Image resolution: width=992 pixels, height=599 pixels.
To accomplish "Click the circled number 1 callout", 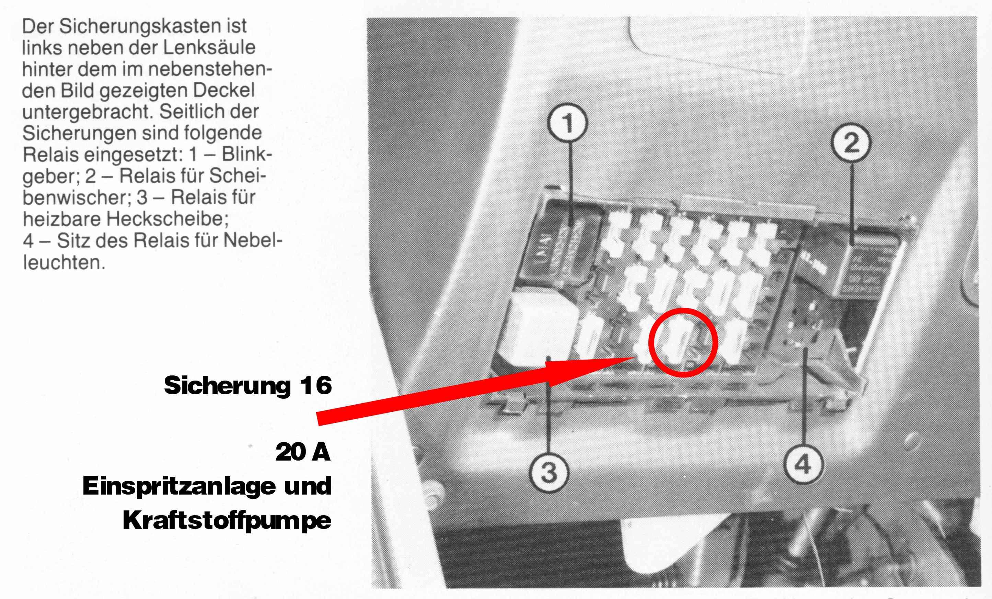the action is [x=567, y=123].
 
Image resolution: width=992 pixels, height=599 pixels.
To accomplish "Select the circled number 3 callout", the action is [x=549, y=472].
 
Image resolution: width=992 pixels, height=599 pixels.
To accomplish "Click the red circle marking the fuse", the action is [x=683, y=308].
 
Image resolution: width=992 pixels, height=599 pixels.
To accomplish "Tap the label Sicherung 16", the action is [x=247, y=385].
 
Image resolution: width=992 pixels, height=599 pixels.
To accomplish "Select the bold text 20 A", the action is [x=303, y=452].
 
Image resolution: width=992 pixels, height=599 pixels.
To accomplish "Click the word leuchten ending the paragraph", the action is [x=64, y=263].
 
